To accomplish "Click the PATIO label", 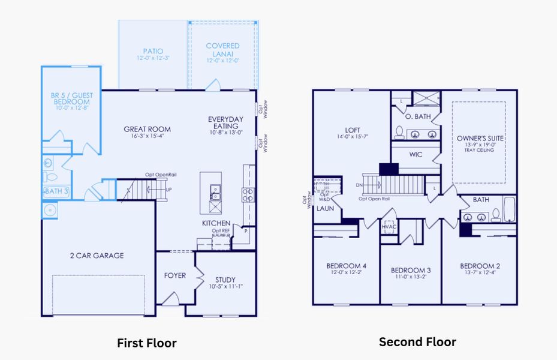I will point(153,51).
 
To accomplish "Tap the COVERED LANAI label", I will point(222,46).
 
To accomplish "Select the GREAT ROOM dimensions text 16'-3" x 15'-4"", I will point(147,136).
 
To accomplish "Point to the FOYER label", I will point(175,276).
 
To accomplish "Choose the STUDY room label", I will point(225,279).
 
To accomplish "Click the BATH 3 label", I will point(56,191).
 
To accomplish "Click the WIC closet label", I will point(416,154).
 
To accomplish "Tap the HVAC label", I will point(389,227).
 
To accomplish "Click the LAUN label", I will point(325,208).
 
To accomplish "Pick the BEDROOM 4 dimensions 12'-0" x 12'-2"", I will point(346,273).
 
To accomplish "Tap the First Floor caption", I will point(147,343).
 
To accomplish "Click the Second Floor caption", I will point(417,342).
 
